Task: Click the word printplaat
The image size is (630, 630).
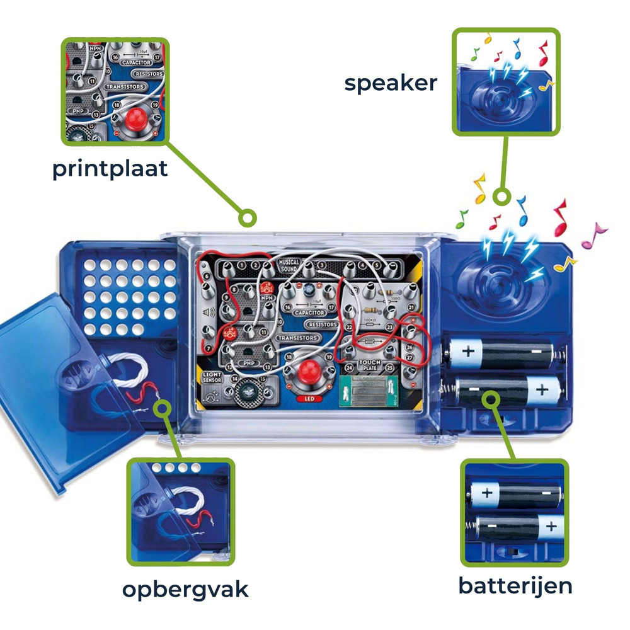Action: click(110, 169)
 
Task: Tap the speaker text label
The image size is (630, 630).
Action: click(391, 83)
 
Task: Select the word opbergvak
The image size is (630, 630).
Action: click(185, 590)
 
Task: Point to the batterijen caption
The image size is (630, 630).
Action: click(515, 585)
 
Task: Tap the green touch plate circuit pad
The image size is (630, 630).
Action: click(369, 392)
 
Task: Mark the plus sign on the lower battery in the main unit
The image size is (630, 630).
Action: click(542, 389)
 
